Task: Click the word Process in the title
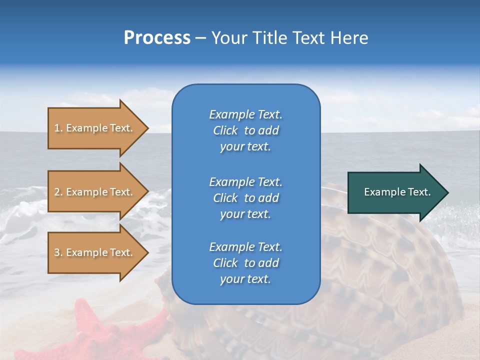(157, 38)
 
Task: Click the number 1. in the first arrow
(58, 128)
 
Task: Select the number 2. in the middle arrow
(58, 192)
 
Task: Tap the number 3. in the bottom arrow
(58, 252)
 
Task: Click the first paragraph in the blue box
(245, 130)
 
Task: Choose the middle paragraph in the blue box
(245, 198)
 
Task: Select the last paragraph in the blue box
(245, 263)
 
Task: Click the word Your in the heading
(229, 38)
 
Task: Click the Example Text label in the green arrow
(397, 192)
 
